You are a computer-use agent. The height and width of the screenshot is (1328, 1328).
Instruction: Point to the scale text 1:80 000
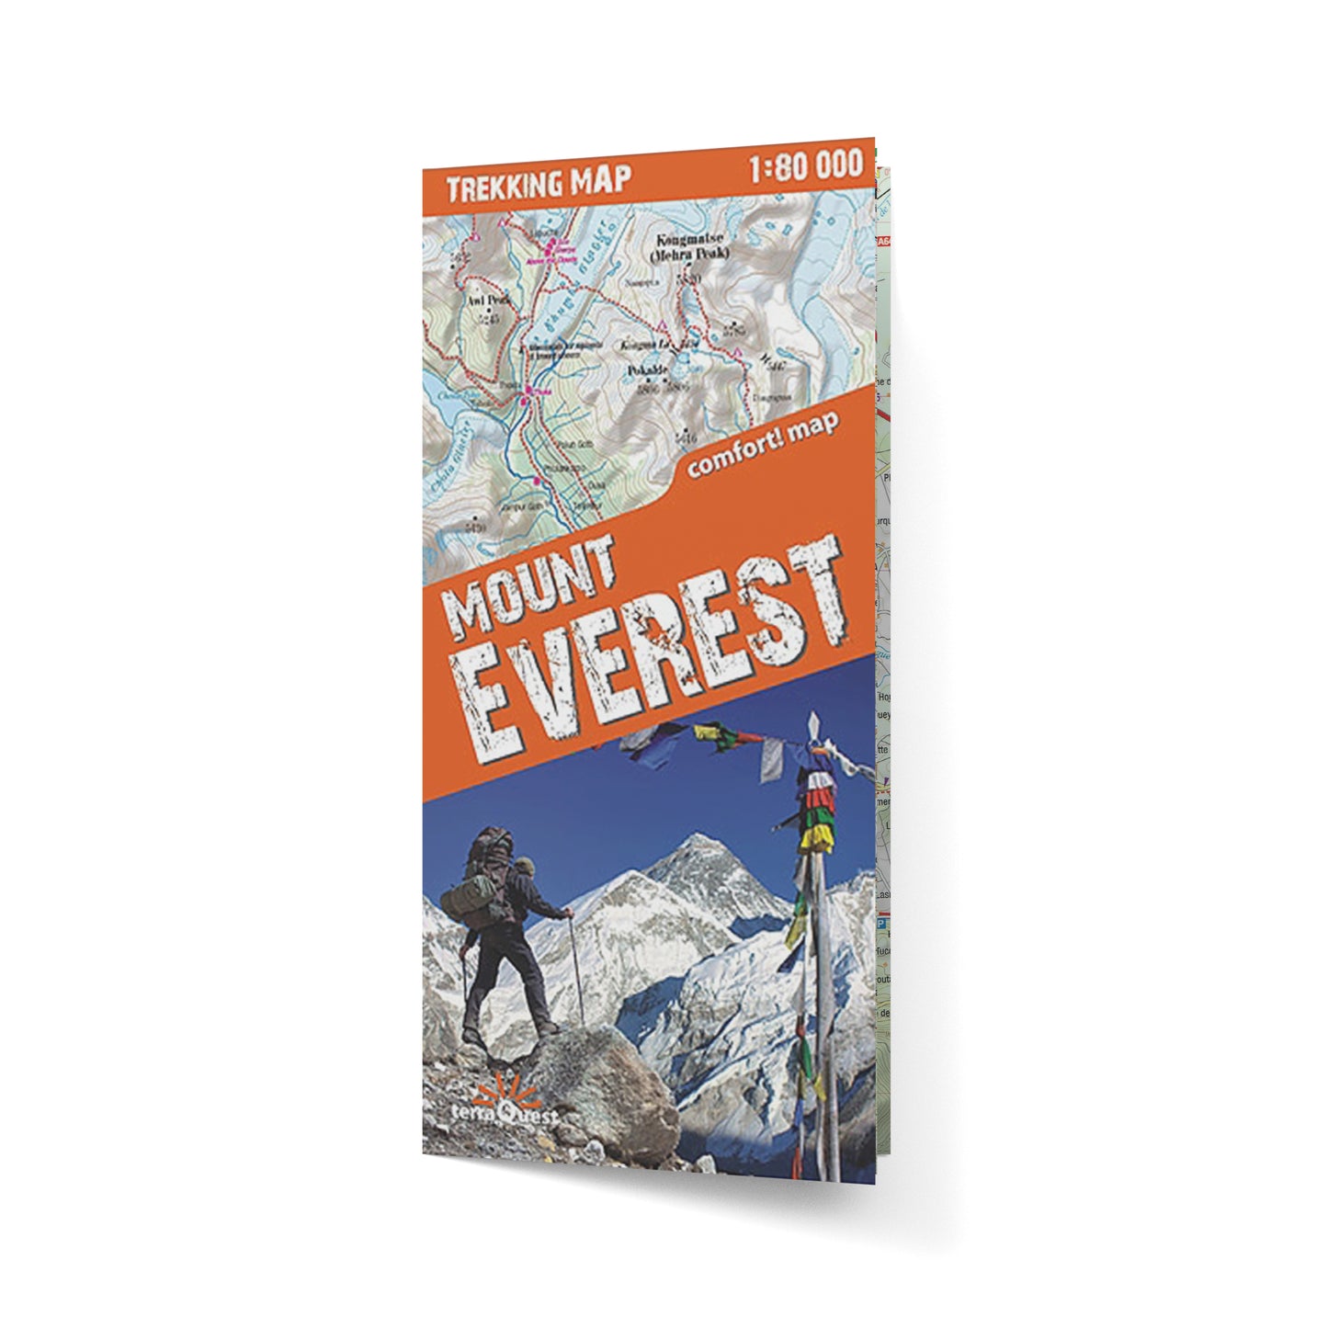pos(805,165)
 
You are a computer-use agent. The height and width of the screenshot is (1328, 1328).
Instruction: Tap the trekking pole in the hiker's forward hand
pos(578,974)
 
